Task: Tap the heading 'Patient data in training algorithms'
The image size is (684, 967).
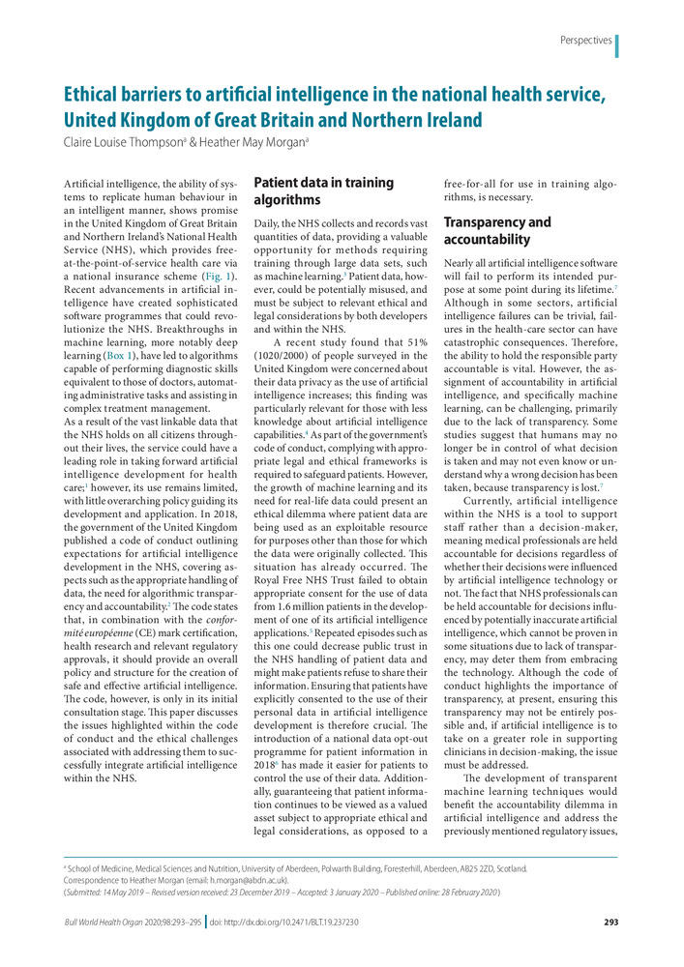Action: pyautogui.click(x=323, y=191)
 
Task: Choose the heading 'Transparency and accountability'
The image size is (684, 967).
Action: pyautogui.click(x=497, y=230)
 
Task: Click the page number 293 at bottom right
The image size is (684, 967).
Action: pyautogui.click(x=610, y=922)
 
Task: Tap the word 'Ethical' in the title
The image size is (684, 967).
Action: pyautogui.click(x=102, y=96)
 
